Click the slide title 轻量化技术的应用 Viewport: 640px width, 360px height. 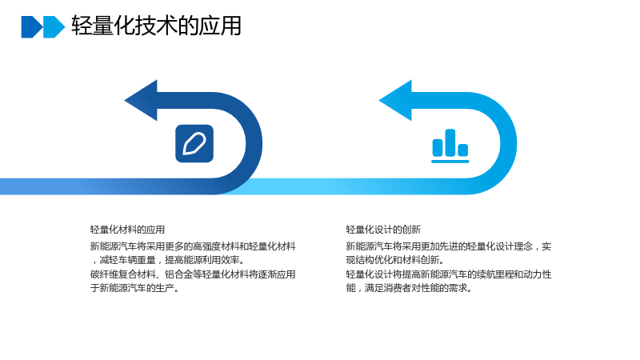[156, 26]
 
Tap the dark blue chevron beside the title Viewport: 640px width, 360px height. [32, 27]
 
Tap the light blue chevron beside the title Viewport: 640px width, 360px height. [54, 27]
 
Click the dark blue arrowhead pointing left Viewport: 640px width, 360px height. [142, 101]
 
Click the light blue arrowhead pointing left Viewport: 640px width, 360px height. [395, 101]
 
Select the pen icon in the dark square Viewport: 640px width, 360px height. [194, 144]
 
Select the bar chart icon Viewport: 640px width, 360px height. [450, 146]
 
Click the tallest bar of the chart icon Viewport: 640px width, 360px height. [450, 142]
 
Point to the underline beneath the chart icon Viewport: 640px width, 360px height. [450, 162]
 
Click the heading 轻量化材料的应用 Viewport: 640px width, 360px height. [127, 230]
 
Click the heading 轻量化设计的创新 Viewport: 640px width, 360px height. [383, 230]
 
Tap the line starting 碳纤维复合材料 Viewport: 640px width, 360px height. [193, 274]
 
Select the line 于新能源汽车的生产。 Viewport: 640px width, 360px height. [134, 288]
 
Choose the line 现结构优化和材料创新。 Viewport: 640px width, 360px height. [395, 259]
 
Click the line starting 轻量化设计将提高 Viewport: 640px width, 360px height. [449, 274]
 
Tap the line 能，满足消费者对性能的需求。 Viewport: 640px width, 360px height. [409, 288]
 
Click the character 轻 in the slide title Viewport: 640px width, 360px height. [82, 26]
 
